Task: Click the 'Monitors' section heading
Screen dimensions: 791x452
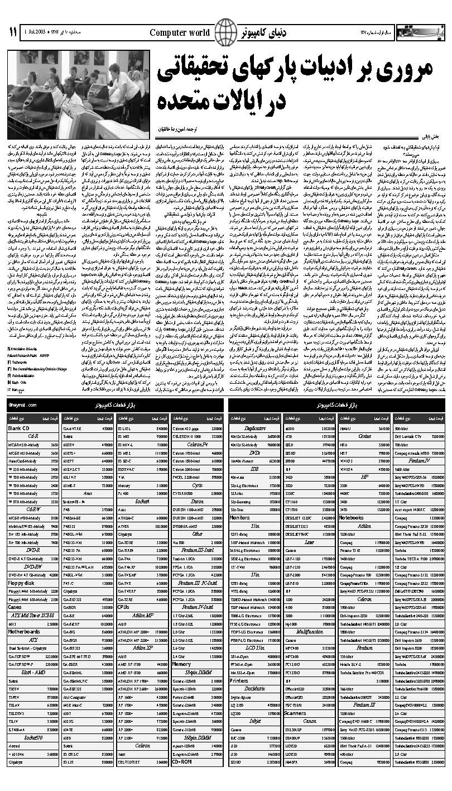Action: [241, 517]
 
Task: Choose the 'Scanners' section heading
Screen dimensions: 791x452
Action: [295, 713]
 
